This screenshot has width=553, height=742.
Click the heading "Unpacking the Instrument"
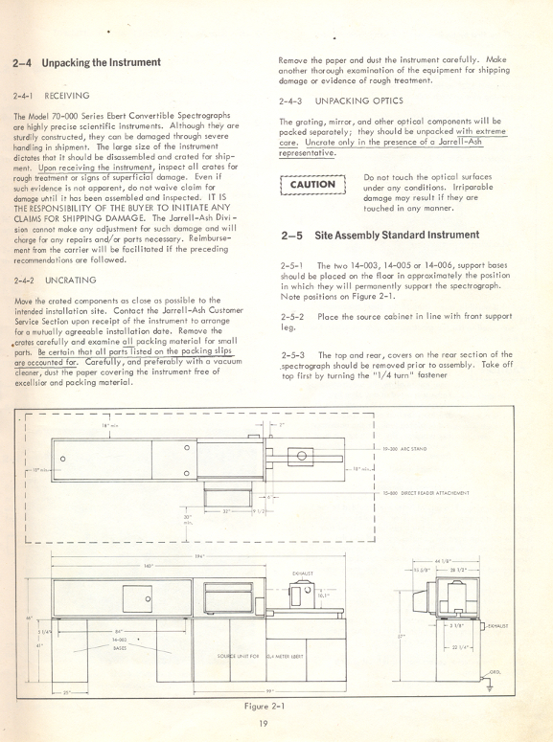[x=87, y=62]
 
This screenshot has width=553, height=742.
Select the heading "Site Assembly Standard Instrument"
[x=367, y=235]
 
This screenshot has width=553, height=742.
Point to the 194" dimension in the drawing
[x=198, y=555]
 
